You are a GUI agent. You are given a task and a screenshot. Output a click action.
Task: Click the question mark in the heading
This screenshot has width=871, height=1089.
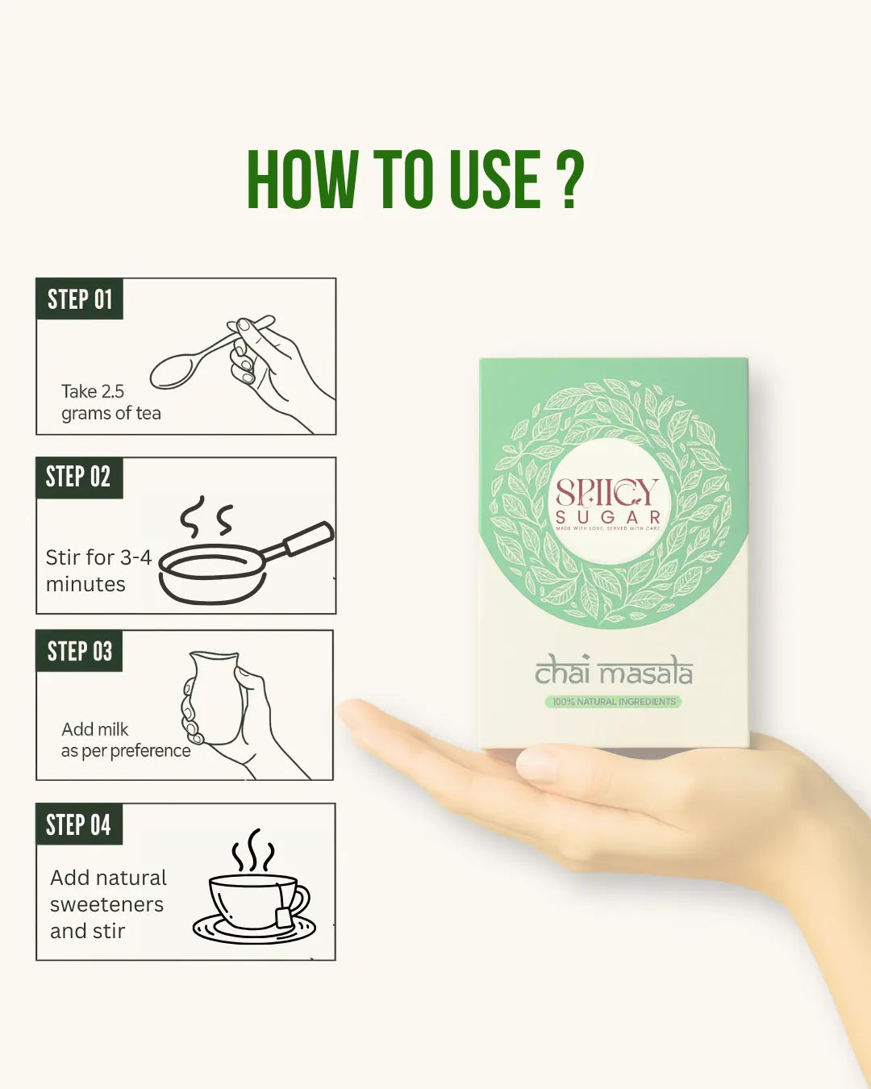pyautogui.click(x=569, y=179)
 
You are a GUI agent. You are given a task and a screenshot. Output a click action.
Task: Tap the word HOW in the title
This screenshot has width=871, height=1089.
pyautogui.click(x=302, y=179)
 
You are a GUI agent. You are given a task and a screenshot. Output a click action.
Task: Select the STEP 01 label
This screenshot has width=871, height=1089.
pyautogui.click(x=80, y=299)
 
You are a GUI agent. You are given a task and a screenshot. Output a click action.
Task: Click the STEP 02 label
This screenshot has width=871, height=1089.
pyautogui.click(x=78, y=478)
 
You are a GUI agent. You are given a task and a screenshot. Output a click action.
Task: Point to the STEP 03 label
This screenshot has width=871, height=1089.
pyautogui.click(x=80, y=651)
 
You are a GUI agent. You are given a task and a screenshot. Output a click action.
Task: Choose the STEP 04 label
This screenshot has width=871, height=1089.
pyautogui.click(x=78, y=825)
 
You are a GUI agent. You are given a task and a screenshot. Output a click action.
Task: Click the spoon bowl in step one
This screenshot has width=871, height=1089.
pyautogui.click(x=172, y=371)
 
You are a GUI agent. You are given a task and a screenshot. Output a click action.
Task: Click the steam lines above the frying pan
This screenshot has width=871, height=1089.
pyautogui.click(x=206, y=517)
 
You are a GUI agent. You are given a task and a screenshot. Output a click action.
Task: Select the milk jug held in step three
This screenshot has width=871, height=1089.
pyautogui.click(x=214, y=697)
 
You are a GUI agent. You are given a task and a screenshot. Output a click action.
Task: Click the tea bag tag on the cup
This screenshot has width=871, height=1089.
pyautogui.click(x=283, y=916)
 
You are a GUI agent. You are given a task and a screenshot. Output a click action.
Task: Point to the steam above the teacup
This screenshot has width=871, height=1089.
pyautogui.click(x=253, y=850)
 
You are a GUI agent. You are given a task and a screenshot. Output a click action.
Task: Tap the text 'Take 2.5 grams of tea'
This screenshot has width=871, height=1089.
pyautogui.click(x=110, y=403)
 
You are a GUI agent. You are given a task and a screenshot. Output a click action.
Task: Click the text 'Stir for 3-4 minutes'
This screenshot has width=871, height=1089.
pyautogui.click(x=98, y=570)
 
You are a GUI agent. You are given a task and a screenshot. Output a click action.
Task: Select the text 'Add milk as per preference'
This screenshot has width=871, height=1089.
pyautogui.click(x=125, y=740)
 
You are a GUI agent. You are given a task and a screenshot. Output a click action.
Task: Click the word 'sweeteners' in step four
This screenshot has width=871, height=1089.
pyautogui.click(x=106, y=904)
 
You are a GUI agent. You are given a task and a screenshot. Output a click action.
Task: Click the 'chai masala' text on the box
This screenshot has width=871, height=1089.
pyautogui.click(x=614, y=671)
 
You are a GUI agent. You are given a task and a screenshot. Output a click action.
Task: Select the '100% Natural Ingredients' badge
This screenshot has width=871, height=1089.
pyautogui.click(x=614, y=702)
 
